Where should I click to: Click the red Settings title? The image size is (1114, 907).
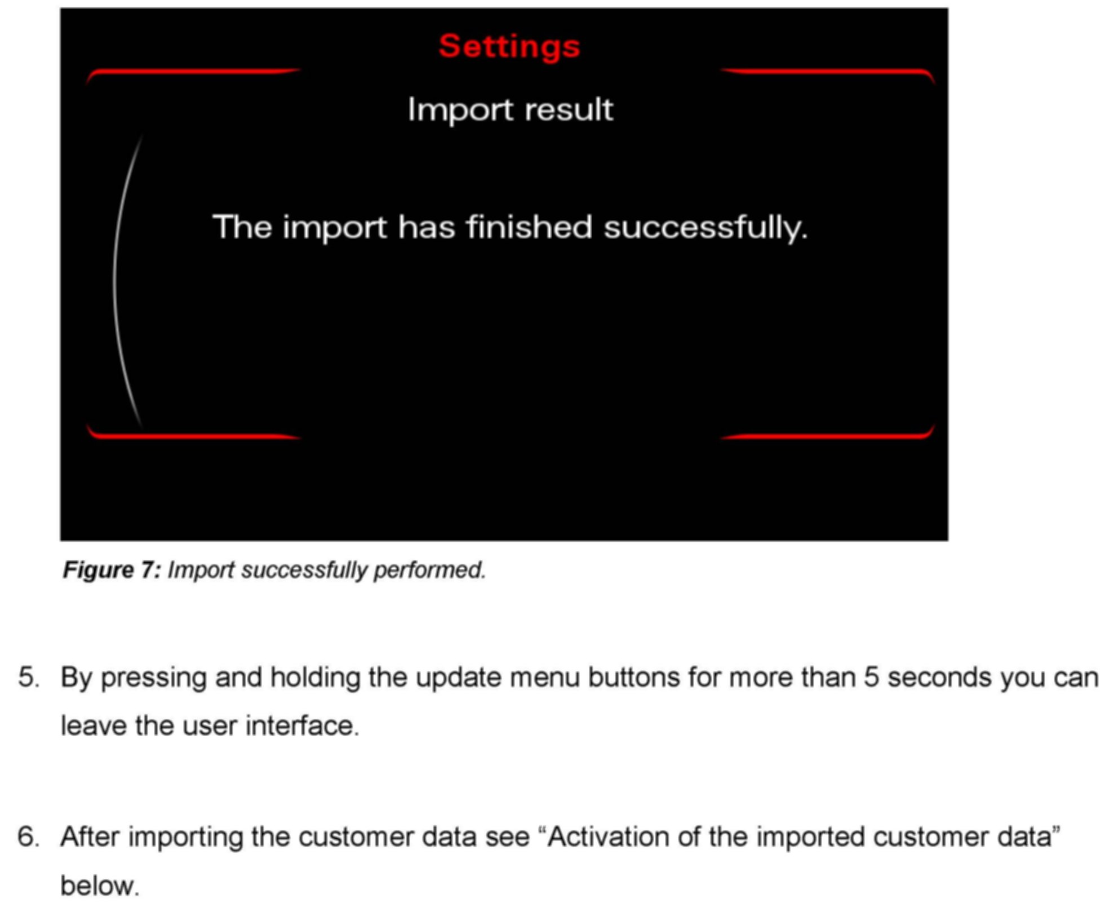509,46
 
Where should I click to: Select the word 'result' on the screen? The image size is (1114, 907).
569,109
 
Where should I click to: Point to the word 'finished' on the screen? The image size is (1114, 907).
529,227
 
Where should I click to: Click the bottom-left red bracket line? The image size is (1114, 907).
193,435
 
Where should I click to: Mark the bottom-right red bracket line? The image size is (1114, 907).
828,435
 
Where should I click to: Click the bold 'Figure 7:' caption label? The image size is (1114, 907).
112,570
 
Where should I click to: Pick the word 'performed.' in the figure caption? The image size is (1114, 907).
429,570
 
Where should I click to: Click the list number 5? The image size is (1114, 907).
29,676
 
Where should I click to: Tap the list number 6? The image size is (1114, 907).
29,837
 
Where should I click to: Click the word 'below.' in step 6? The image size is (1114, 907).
100,886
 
